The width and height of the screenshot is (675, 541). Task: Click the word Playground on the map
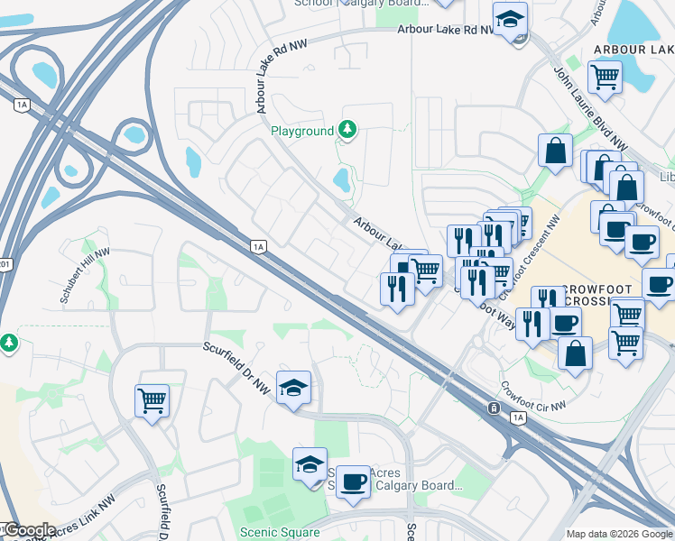(302, 132)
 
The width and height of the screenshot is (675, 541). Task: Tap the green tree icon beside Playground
(347, 131)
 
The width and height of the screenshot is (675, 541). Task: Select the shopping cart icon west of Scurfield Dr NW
(152, 399)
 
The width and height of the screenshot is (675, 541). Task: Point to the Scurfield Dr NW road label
(236, 368)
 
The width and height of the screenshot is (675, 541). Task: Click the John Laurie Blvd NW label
(590, 109)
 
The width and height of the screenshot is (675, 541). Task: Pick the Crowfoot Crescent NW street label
(532, 257)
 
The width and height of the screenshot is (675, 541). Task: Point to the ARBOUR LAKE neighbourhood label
(633, 49)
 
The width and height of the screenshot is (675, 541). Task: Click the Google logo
(29, 530)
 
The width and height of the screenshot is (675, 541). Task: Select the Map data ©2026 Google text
(618, 534)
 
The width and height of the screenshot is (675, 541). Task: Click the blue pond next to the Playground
(342, 179)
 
